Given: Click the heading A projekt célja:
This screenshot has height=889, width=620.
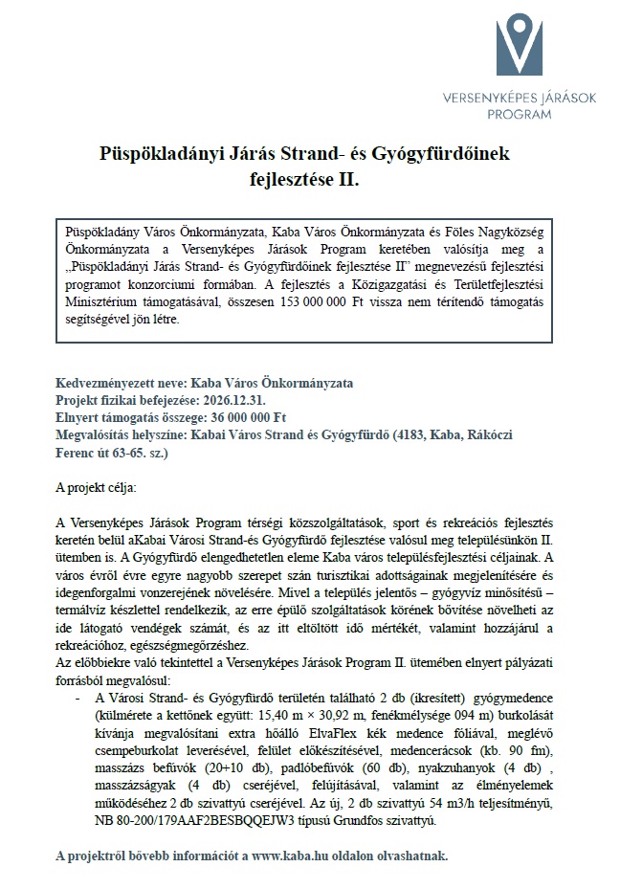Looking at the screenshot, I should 96,487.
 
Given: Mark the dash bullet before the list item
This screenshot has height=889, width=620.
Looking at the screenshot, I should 76,700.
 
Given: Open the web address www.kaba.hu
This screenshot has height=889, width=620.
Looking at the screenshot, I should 281,855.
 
